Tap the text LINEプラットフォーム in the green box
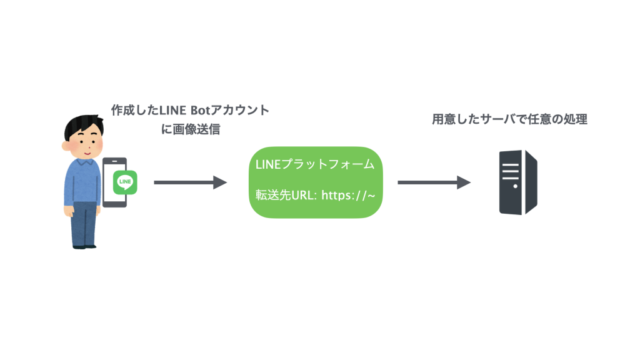pos(315,165)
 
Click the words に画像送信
pos(191,130)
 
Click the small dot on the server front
pos(515,186)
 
